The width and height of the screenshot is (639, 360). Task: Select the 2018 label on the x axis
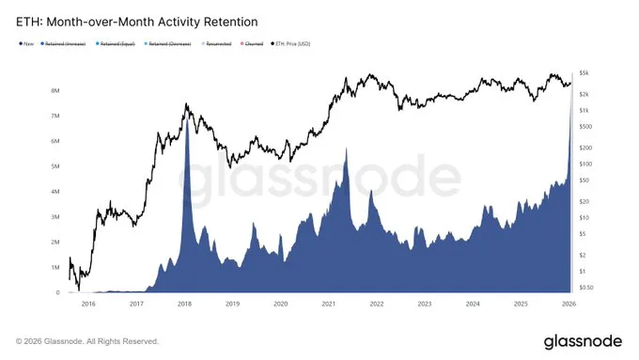[185, 304]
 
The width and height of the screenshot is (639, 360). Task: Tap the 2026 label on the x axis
[569, 304]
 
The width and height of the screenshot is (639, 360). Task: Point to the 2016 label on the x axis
[89, 304]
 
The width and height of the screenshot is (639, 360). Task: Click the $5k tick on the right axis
[584, 72]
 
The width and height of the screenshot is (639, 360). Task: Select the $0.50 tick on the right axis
[586, 288]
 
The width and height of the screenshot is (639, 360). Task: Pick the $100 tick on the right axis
[585, 164]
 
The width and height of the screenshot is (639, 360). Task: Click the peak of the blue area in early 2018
[187, 112]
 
